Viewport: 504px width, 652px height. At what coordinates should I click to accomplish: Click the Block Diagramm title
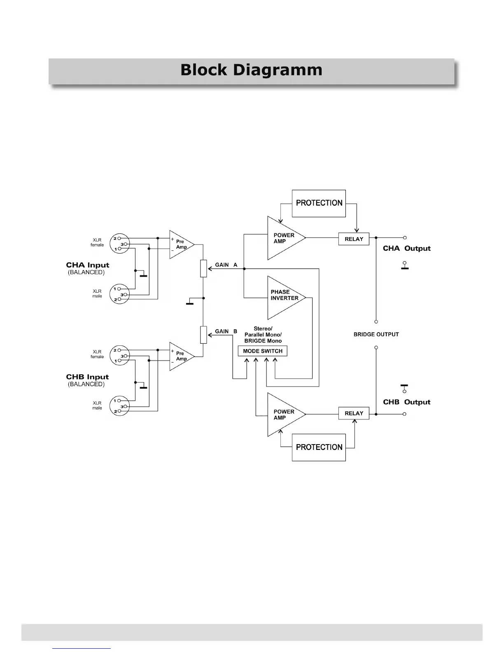tap(251, 70)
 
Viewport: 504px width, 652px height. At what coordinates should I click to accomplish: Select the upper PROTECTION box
tap(319, 203)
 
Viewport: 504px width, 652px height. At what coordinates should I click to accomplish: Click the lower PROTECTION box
tap(319, 447)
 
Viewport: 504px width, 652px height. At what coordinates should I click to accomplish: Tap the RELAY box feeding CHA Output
tap(354, 239)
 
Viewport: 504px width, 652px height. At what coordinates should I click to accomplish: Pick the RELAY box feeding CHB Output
tap(354, 413)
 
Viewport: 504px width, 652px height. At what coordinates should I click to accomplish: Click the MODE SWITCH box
tap(263, 351)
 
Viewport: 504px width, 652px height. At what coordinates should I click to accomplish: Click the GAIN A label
tap(226, 265)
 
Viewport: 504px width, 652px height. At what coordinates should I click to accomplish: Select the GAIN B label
tap(226, 331)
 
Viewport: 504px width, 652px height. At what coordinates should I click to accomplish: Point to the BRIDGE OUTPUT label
tap(376, 335)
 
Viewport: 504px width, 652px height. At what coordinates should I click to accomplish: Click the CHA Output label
tap(406, 249)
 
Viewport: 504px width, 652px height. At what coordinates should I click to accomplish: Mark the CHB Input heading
tap(87, 377)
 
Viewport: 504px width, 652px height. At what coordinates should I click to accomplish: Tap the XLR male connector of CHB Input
tap(119, 406)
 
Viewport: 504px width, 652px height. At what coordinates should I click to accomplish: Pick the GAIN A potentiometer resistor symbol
tap(203, 268)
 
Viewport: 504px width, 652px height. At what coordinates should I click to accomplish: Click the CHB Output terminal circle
tap(404, 414)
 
